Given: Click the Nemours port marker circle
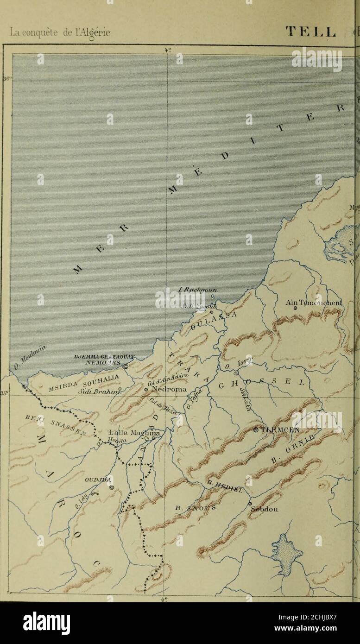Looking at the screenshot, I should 126,366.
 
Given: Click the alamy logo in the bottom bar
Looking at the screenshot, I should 46,623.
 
